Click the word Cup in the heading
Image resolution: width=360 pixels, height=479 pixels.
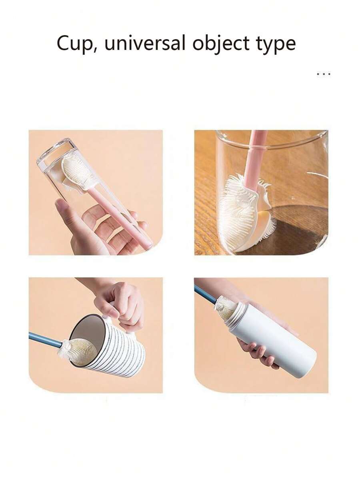tap(74, 44)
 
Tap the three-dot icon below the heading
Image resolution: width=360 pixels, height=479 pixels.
tap(323, 74)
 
